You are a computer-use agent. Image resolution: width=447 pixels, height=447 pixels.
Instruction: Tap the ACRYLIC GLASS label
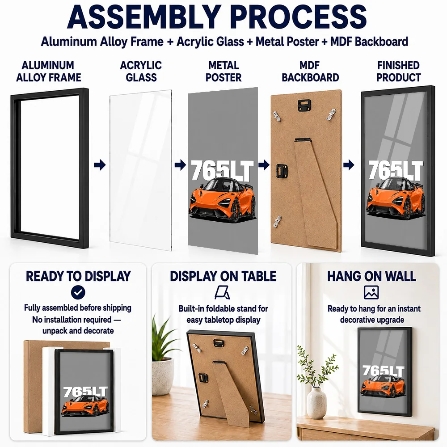click(141, 71)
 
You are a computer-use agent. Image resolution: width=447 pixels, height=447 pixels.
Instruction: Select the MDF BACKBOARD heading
click(310, 71)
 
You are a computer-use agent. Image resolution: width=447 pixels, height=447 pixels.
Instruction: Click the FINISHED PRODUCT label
click(399, 71)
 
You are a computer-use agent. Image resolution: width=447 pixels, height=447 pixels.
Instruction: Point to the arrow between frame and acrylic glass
click(100, 165)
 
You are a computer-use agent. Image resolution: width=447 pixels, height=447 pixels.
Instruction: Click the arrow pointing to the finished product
click(349, 165)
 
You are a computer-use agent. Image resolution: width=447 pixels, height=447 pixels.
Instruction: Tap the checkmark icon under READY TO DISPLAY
click(78, 292)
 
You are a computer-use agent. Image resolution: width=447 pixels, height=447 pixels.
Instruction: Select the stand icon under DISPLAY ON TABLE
click(223, 292)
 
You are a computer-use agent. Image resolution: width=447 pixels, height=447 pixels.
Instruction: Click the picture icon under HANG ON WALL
click(371, 292)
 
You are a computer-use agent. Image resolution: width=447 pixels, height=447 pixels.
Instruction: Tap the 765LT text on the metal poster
click(222, 170)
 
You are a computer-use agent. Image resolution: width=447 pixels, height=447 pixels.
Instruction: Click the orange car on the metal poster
click(222, 199)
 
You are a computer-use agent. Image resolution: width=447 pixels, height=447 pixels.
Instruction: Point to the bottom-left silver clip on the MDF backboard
click(278, 222)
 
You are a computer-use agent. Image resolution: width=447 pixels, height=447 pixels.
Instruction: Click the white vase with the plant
click(316, 403)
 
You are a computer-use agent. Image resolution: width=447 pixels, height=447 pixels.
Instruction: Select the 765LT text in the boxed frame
click(85, 392)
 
